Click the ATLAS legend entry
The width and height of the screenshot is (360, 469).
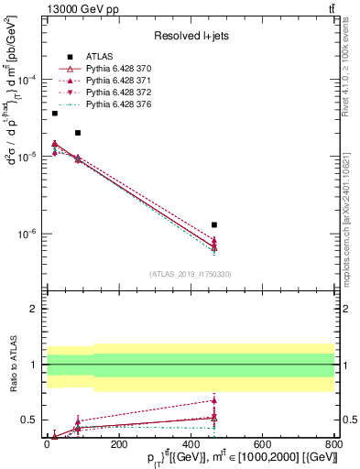coord(98,58)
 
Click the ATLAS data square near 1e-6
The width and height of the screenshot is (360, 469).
coord(214,224)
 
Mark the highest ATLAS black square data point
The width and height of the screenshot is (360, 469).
coord(55,113)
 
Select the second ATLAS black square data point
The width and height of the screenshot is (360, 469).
coord(78,133)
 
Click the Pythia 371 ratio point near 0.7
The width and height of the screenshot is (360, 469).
coord(214,400)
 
